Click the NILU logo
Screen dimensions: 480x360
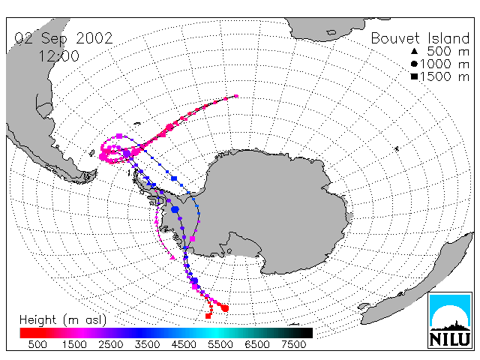point(450,320)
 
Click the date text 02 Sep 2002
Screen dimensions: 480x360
point(64,38)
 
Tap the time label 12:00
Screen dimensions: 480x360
point(58,56)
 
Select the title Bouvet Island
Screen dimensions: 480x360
point(420,38)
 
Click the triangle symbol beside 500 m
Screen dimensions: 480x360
point(414,51)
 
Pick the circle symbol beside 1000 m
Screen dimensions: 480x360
point(414,64)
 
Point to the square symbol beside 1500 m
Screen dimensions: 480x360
point(414,76)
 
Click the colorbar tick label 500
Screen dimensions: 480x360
point(37,345)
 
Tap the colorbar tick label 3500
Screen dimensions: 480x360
point(147,345)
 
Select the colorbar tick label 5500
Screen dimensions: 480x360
point(220,345)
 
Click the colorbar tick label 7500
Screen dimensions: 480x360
point(293,345)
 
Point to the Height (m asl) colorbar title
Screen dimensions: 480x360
point(63,320)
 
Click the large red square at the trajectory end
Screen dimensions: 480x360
point(208,316)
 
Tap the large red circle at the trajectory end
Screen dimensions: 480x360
point(225,308)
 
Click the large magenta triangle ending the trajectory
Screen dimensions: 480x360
point(172,257)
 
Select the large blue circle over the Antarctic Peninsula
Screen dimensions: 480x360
point(175,209)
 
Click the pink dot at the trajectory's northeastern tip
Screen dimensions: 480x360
point(236,96)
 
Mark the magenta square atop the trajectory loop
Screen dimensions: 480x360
point(119,136)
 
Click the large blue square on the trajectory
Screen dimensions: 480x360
point(174,178)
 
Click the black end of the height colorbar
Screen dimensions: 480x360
point(306,333)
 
